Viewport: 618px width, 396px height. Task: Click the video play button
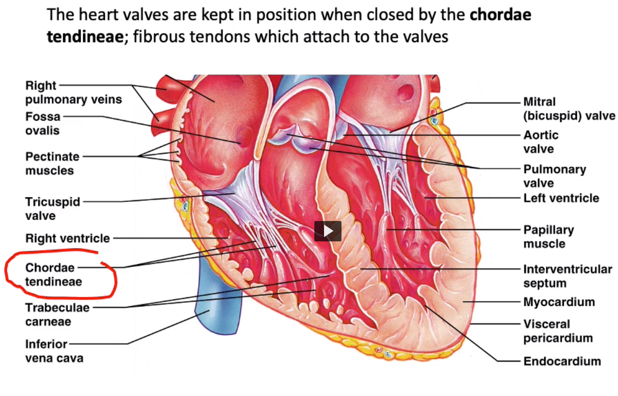(327, 231)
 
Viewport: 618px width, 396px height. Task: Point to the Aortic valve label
(541, 142)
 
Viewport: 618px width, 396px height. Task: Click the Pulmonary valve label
(554, 176)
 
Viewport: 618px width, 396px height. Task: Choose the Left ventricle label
(561, 198)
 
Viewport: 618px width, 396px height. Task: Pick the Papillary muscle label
(548, 237)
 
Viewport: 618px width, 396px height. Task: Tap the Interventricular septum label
(567, 276)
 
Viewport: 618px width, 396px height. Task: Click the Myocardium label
(559, 302)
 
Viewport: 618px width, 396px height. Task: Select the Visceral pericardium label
(558, 331)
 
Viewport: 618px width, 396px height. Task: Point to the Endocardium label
(562, 361)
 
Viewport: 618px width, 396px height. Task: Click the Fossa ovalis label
(43, 123)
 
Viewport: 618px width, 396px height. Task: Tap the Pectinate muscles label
(52, 163)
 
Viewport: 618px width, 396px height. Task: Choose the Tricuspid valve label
(52, 208)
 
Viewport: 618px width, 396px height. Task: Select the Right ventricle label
(67, 238)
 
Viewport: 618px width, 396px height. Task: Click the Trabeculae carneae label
(57, 314)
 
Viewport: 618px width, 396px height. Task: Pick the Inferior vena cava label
(54, 351)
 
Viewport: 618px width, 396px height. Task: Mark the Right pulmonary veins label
(73, 93)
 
